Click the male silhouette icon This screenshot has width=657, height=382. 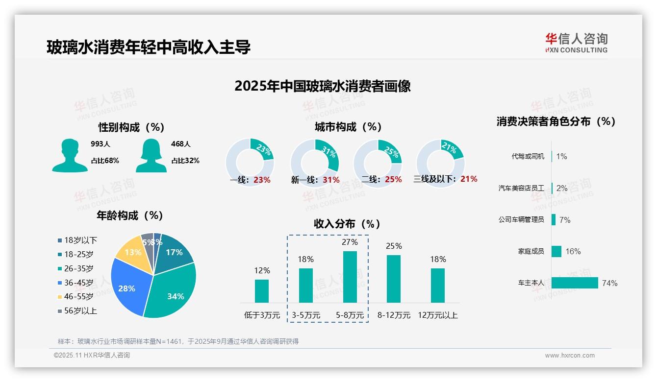[x=70, y=156]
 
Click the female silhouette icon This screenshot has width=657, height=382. [x=151, y=156]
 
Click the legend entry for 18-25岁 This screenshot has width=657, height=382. [x=78, y=254]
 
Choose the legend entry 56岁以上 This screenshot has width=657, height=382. [x=80, y=310]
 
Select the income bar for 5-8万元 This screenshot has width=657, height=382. [x=350, y=277]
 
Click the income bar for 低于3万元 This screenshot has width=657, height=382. [x=261, y=291]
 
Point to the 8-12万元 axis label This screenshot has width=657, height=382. [x=394, y=315]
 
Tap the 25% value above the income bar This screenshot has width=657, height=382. [x=394, y=246]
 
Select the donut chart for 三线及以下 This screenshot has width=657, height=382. [x=440, y=162]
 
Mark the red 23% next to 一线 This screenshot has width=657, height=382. [x=262, y=180]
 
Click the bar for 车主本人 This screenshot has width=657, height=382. [x=575, y=283]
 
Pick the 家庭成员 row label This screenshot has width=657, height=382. [x=531, y=251]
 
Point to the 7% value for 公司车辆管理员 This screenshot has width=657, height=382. [x=565, y=220]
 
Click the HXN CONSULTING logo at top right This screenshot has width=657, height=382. [x=576, y=43]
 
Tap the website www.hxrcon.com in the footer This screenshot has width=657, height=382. [x=570, y=356]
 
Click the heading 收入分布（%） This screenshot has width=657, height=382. [x=347, y=224]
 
